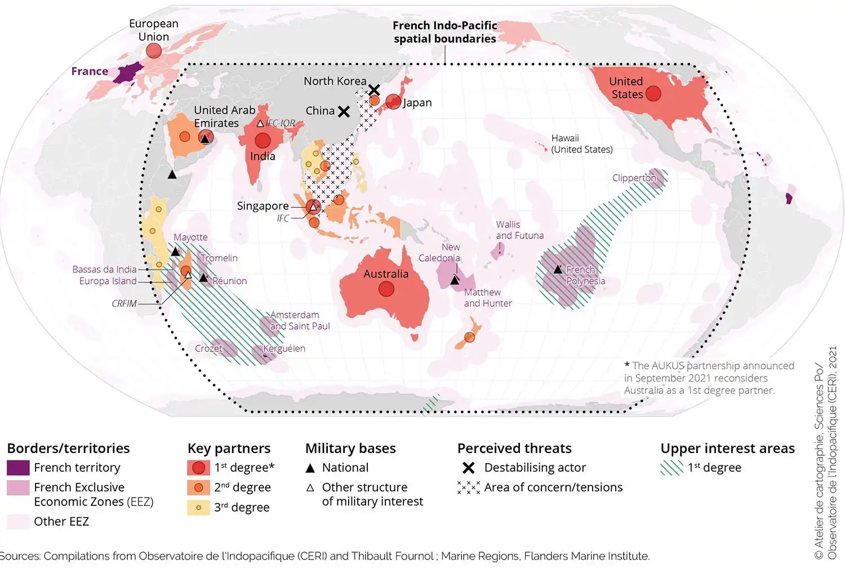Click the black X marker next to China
[344, 112]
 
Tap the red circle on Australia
[386, 289]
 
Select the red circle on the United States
[653, 93]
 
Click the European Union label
[153, 30]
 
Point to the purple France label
[90, 72]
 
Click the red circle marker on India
[263, 140]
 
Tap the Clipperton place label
[634, 178]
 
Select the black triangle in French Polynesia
[558, 269]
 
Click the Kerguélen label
[284, 349]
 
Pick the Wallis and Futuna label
[519, 230]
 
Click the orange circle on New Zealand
[469, 337]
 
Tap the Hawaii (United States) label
[581, 144]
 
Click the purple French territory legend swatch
[18, 468]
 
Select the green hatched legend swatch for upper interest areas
[671, 468]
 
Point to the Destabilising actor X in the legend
[468, 468]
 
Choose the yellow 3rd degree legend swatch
[198, 508]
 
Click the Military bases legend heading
[350, 448]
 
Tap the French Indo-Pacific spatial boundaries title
[444, 32]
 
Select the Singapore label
[263, 206]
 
